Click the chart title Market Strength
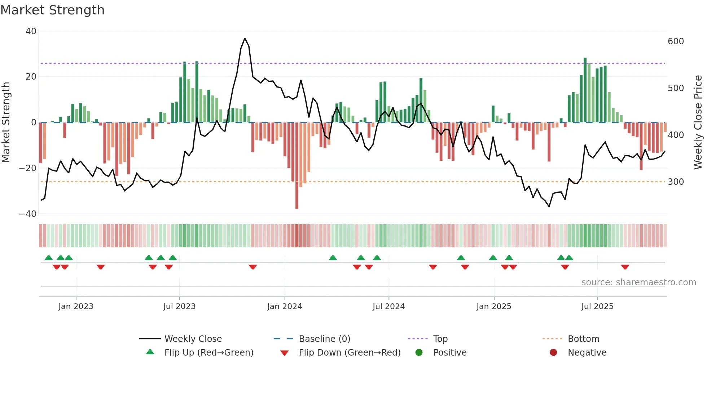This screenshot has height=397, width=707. [52, 10]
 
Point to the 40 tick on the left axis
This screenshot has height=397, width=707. [31, 31]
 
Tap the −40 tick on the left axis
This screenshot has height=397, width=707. [28, 214]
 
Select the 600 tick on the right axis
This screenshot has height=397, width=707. [676, 41]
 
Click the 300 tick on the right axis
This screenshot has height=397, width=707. [676, 182]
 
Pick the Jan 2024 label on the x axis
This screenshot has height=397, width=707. [284, 307]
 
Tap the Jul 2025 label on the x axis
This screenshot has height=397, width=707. [597, 307]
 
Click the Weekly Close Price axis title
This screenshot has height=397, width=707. [698, 122]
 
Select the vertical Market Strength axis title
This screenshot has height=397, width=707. [6, 122]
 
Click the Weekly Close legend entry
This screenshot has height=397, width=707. [193, 339]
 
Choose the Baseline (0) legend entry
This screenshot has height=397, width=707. [324, 339]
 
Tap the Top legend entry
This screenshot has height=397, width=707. [440, 339]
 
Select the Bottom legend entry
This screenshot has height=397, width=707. [583, 339]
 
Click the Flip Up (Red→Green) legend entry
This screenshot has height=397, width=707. [208, 353]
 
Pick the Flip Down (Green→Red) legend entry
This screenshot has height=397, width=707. [350, 353]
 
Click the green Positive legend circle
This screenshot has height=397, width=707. [419, 353]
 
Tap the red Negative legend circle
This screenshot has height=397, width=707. [553, 353]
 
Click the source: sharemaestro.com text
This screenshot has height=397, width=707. [638, 282]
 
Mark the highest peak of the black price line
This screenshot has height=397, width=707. [245, 39]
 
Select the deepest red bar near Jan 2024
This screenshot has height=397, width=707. [297, 166]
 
